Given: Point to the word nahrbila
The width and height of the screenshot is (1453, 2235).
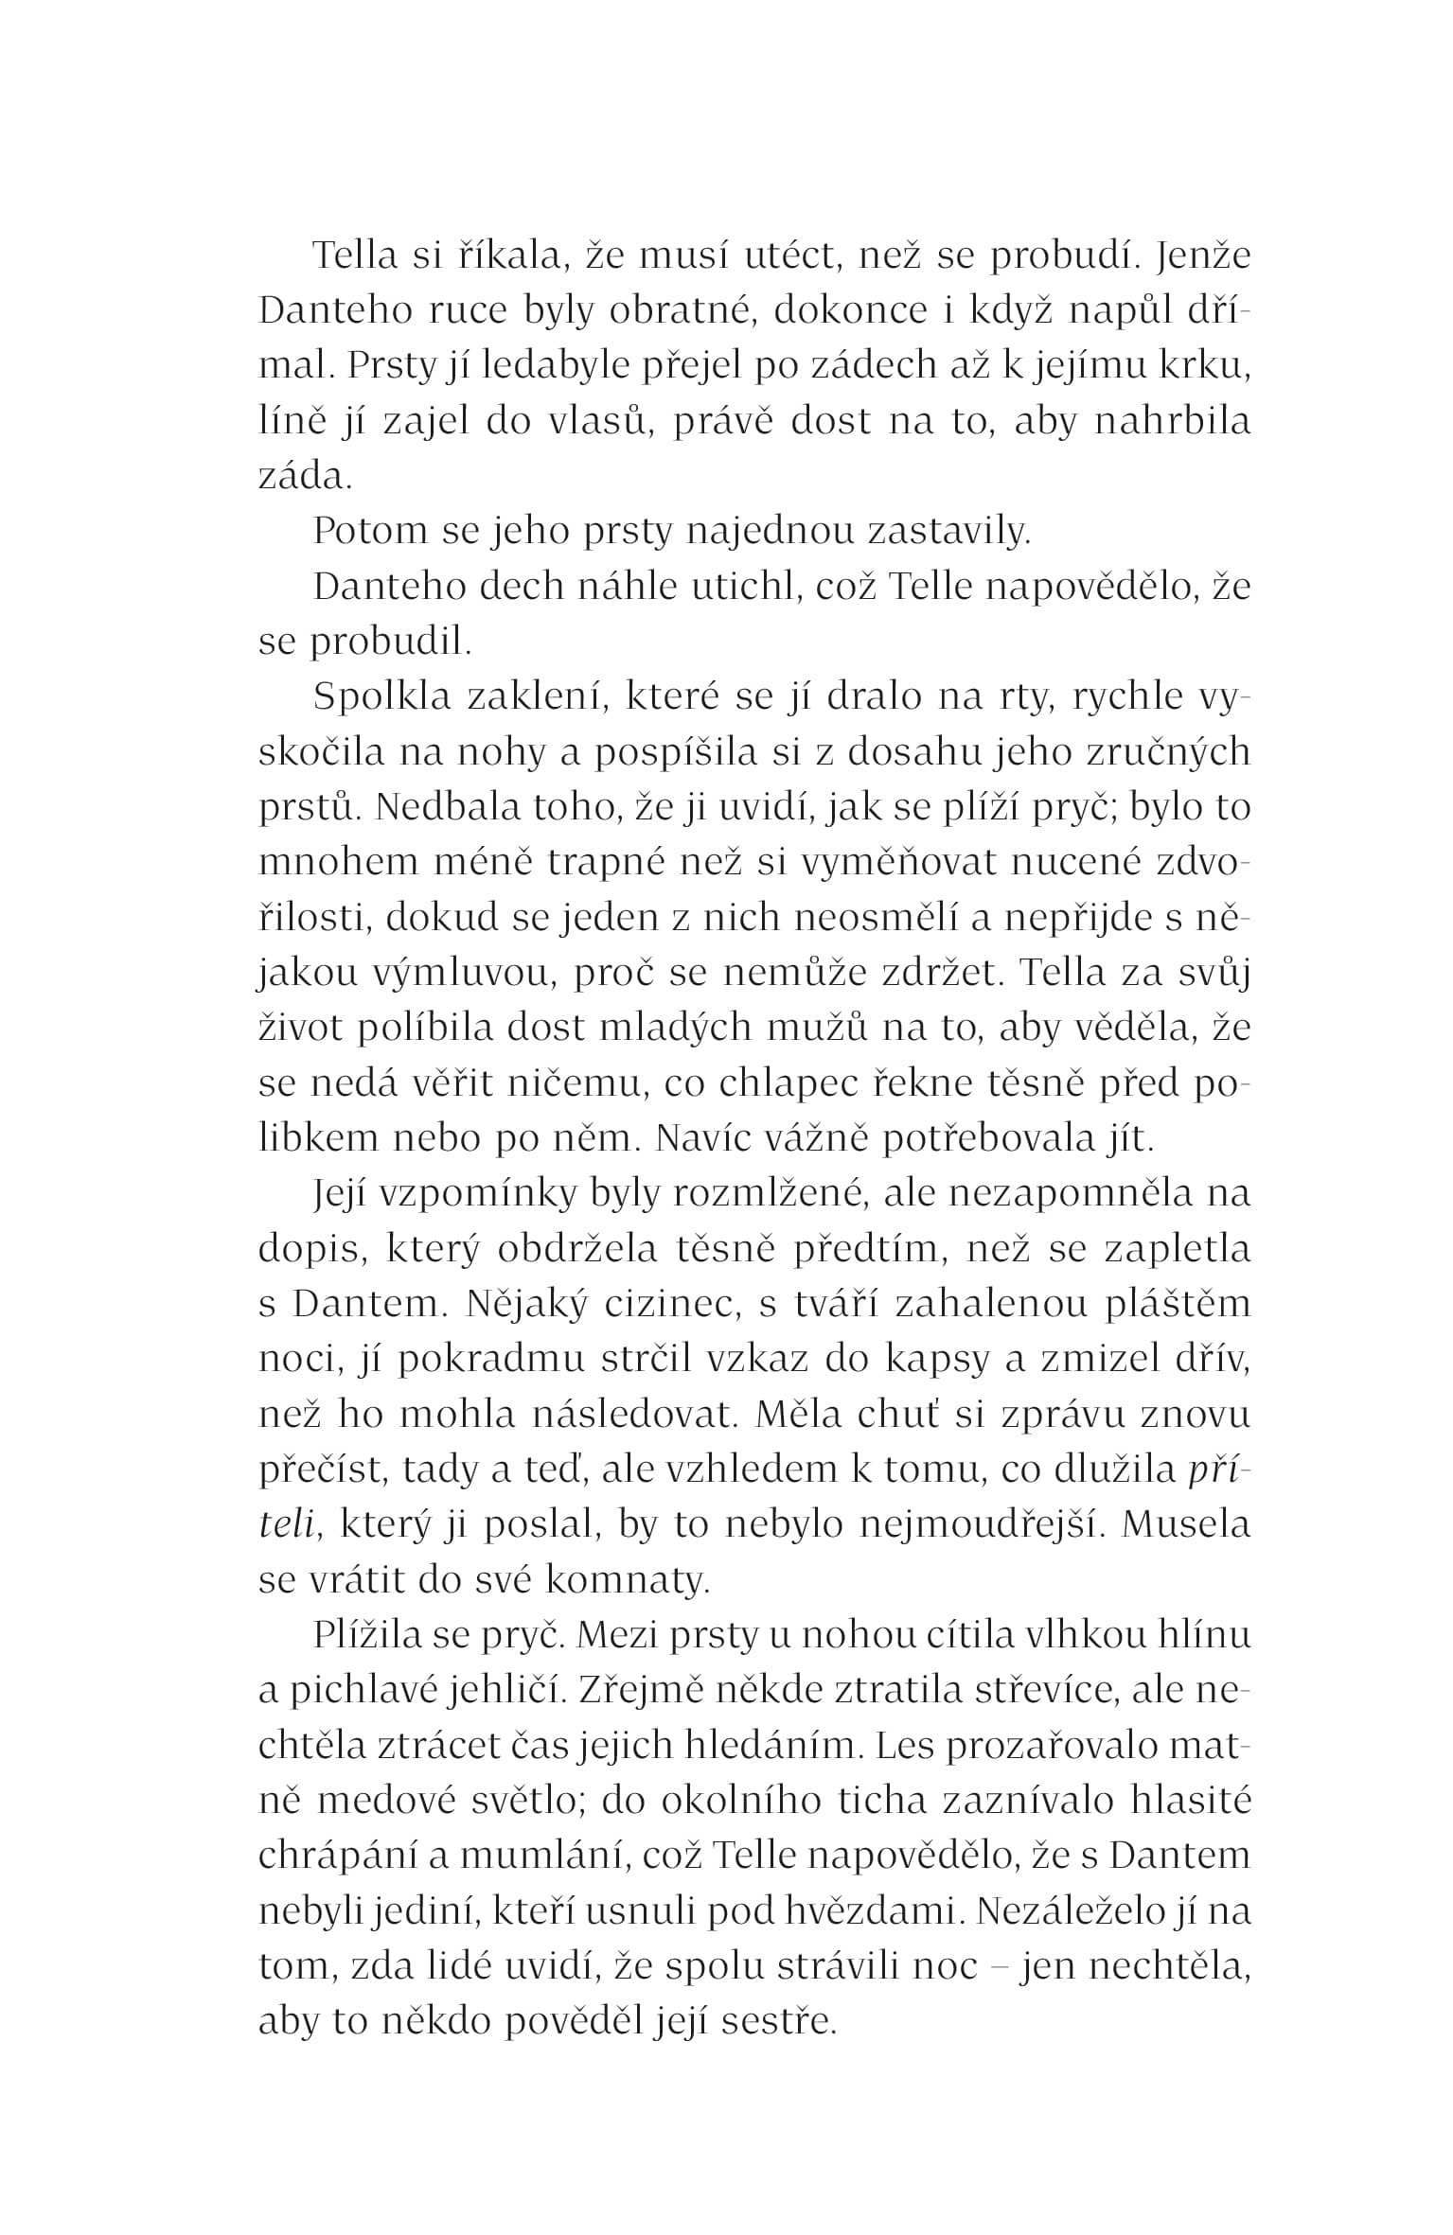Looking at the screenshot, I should tap(1173, 421).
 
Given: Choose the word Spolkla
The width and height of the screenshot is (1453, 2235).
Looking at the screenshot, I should tap(382, 697).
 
